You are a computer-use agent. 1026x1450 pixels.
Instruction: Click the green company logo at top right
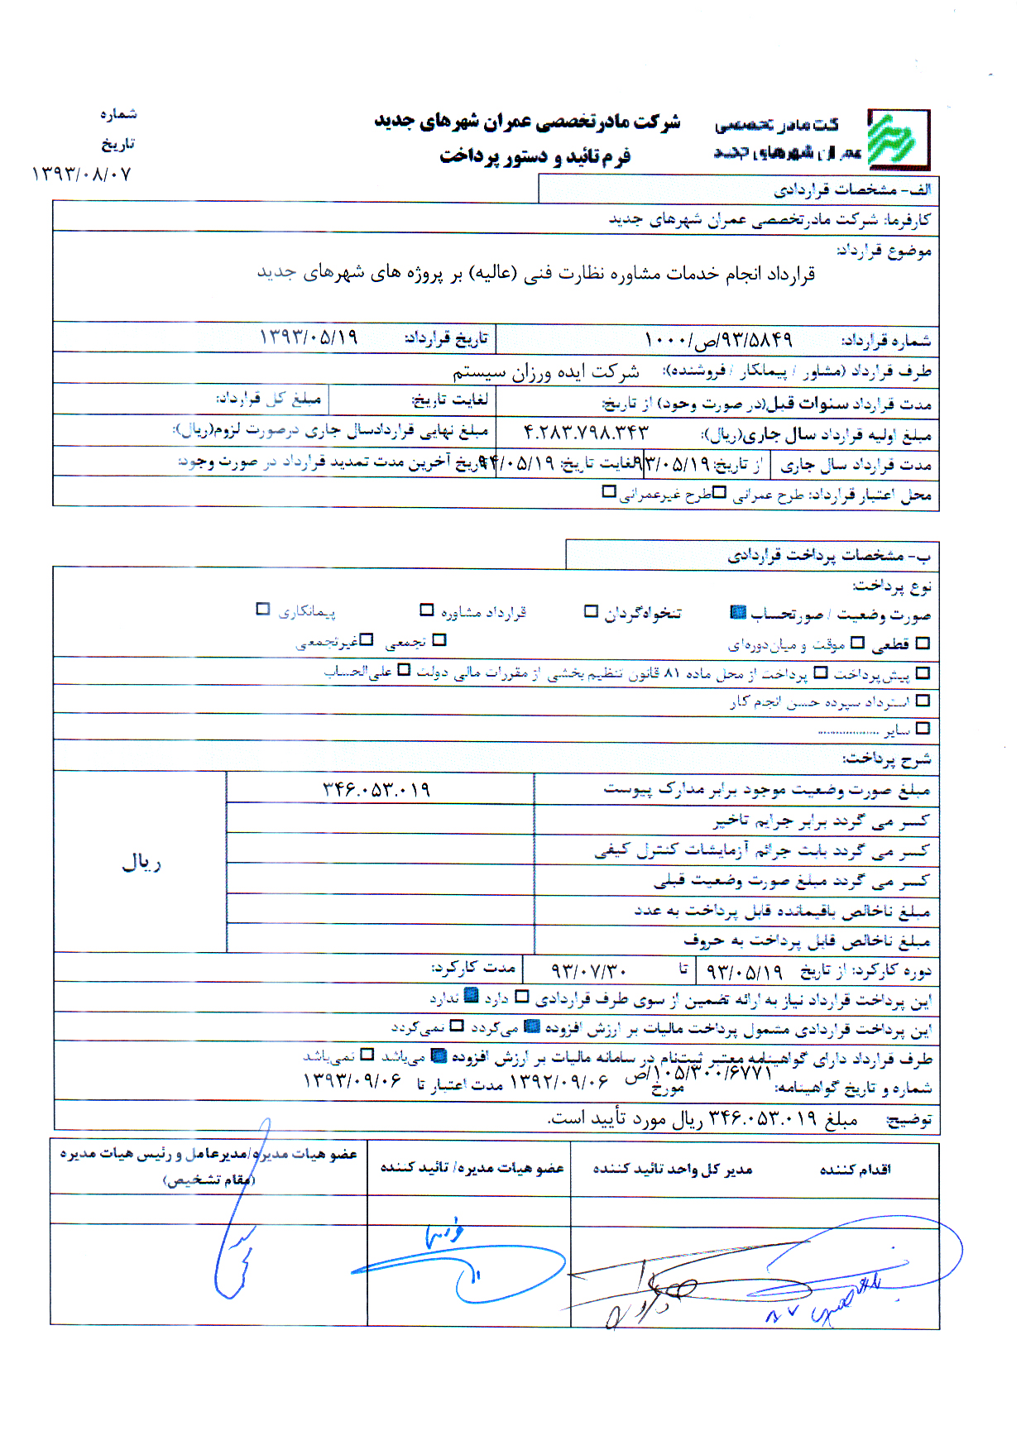[898, 139]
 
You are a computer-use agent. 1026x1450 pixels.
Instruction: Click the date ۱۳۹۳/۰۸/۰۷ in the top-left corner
[81, 174]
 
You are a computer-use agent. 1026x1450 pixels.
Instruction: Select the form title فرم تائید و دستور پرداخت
[535, 156]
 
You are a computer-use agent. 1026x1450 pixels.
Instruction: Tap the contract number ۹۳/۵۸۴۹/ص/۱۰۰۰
[717, 339]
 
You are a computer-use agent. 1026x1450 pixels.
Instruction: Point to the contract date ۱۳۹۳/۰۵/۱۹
[308, 337]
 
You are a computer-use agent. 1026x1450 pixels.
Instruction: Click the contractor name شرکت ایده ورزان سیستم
[545, 371]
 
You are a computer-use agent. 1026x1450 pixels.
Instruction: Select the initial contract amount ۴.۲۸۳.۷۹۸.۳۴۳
[586, 432]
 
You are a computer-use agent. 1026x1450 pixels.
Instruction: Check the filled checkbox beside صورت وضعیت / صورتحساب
[738, 612]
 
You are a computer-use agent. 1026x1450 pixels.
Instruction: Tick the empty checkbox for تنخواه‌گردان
[591, 611]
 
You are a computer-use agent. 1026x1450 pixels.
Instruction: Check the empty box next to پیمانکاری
[263, 610]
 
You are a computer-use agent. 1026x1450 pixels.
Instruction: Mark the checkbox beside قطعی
[923, 643]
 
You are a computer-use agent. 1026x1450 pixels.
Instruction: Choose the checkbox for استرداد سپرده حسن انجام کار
[923, 701]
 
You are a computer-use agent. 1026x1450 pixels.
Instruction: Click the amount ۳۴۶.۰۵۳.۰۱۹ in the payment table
[376, 789]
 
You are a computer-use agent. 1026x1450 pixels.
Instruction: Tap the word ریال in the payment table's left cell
[141, 863]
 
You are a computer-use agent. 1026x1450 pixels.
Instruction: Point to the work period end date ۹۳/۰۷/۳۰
[588, 969]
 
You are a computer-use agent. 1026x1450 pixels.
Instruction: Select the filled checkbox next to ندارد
[471, 997]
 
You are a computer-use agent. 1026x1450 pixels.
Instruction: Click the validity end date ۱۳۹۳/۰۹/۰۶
[352, 1080]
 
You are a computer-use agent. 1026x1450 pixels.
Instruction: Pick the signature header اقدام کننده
[855, 1169]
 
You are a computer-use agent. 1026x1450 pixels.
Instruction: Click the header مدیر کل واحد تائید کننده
[672, 1169]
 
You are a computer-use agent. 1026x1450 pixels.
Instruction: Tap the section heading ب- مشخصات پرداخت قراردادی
[828, 555]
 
